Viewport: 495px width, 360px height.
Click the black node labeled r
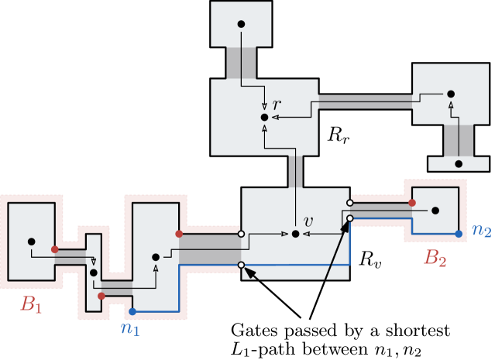click(264, 117)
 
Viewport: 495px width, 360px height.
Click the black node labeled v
click(295, 233)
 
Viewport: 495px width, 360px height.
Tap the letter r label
click(276, 105)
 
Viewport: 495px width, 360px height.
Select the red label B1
click(31, 304)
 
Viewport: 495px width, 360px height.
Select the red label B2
click(435, 258)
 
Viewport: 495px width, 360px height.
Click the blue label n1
click(129, 327)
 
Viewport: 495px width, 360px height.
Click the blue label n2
click(481, 230)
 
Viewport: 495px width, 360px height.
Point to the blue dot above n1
click(132, 311)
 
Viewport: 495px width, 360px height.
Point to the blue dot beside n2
click(459, 233)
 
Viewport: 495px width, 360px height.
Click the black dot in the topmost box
click(241, 24)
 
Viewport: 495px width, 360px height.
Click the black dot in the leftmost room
click(31, 242)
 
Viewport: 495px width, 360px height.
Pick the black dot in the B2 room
click(435, 210)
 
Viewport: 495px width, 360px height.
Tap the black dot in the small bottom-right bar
click(459, 164)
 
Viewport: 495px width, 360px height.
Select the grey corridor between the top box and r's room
click(241, 63)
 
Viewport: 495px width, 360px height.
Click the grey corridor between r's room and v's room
click(295, 171)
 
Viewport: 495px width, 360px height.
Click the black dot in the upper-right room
click(450, 94)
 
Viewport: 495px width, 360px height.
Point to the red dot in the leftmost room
click(54, 249)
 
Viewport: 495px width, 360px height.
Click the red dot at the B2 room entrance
click(412, 203)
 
